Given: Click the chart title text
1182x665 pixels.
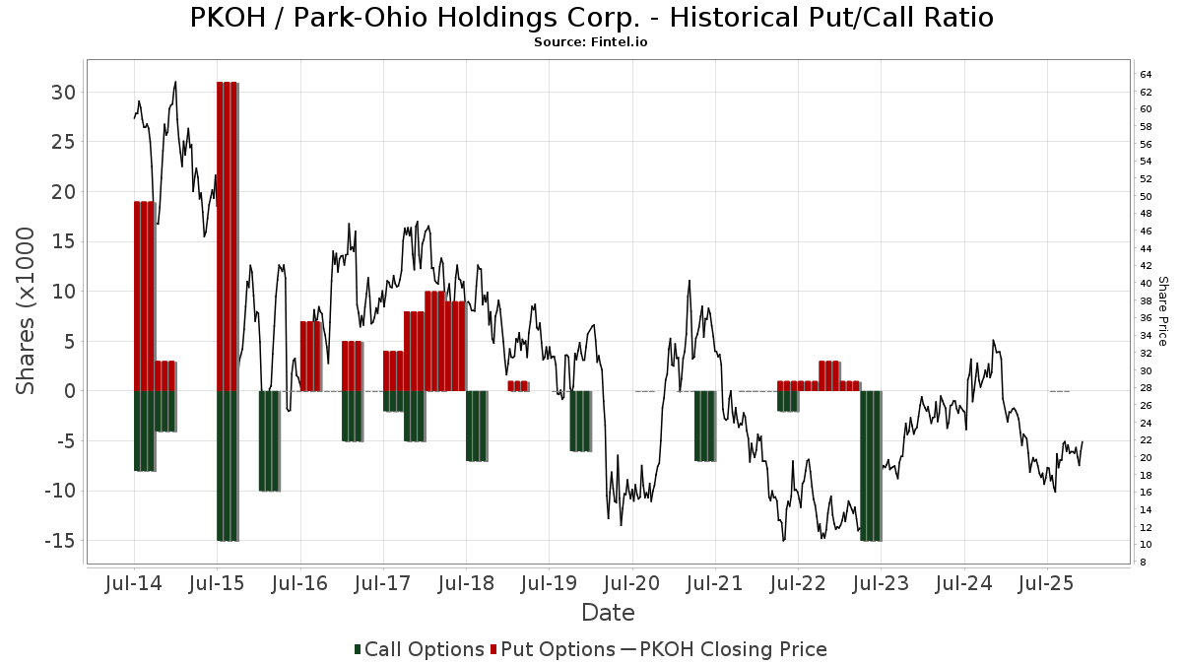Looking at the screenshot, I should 590,18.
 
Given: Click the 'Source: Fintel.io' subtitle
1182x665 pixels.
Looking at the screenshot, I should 590,42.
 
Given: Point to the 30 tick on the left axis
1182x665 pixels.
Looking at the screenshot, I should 64,92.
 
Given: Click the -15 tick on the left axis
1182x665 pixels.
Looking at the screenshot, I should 59,541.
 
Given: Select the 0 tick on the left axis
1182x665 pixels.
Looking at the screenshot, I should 70,391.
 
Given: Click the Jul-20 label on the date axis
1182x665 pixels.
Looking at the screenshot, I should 631,584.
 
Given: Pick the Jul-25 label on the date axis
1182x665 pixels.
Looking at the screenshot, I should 1046,584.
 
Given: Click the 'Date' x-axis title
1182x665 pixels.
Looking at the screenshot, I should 608,613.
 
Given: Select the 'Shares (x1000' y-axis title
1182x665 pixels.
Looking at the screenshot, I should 27,310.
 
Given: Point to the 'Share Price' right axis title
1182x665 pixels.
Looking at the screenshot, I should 1163,310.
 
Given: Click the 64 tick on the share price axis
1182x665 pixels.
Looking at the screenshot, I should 1147,75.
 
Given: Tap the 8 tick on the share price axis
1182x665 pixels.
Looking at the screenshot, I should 1144,563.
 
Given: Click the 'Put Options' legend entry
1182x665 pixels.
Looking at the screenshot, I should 558,649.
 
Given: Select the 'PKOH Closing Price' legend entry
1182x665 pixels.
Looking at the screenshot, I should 733,649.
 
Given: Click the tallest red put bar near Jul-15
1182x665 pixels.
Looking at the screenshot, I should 228,236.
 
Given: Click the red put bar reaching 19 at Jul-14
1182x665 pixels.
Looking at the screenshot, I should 145,296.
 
